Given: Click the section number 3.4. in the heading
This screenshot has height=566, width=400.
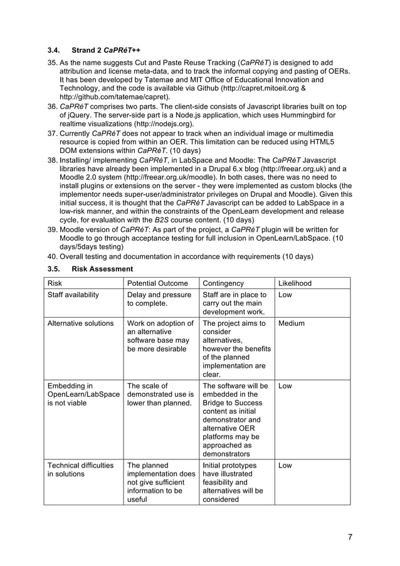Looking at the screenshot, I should [55, 50].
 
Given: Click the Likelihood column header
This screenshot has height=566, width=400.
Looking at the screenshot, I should [295, 283].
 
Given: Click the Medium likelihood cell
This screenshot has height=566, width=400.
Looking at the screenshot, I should [292, 323].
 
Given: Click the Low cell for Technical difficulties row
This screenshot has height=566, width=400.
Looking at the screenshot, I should [285, 466].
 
